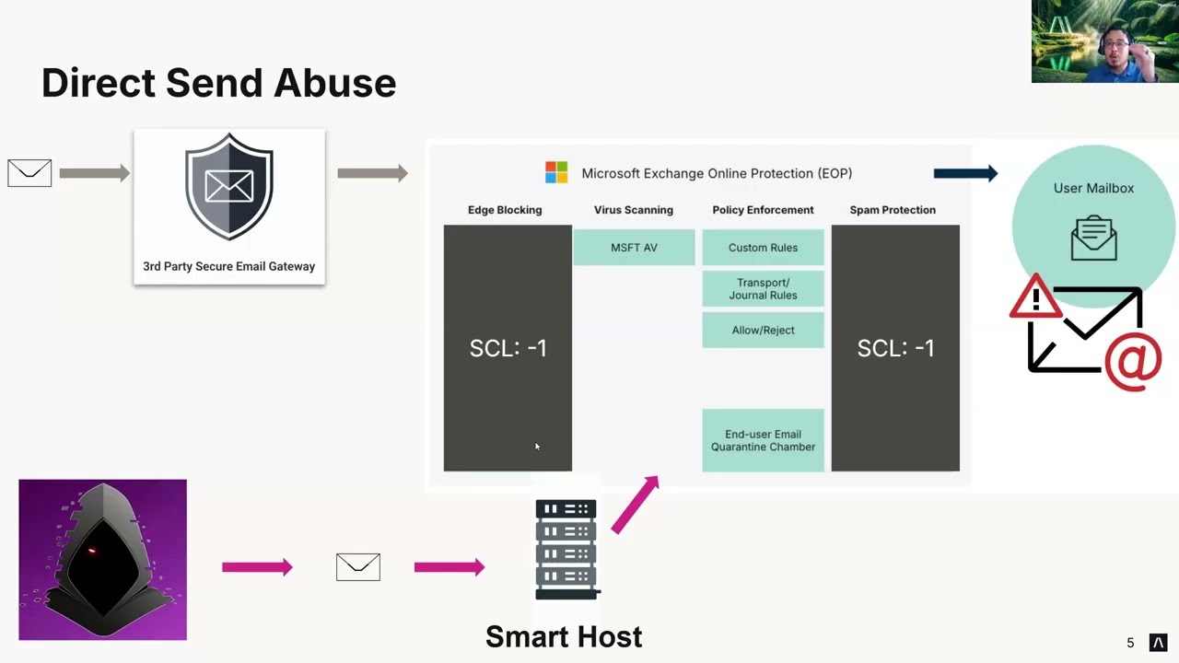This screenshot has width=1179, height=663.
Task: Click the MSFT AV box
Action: [634, 248]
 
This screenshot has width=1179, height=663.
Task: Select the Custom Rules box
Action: [763, 248]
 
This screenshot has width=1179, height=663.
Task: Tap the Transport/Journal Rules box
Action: [763, 289]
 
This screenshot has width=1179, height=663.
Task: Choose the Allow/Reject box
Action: [763, 330]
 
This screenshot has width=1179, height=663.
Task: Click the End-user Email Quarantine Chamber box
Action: [763, 440]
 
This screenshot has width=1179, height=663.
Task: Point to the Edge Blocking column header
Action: [505, 210]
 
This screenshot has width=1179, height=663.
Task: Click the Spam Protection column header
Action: [893, 210]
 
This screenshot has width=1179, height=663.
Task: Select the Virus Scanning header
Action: [634, 210]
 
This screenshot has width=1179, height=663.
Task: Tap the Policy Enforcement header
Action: [763, 210]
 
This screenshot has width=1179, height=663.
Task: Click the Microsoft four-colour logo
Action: [556, 172]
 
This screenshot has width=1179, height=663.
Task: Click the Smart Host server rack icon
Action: [566, 550]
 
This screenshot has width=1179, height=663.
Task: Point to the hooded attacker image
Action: [102, 559]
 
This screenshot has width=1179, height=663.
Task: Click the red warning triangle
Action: [1036, 297]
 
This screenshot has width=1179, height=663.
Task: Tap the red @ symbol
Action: [1133, 361]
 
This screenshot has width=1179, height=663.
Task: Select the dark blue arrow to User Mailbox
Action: [965, 173]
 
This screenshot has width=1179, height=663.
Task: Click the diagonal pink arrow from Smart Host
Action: [636, 504]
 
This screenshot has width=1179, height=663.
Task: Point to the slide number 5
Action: [1130, 643]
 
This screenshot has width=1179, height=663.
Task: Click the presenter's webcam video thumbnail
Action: [1104, 41]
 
